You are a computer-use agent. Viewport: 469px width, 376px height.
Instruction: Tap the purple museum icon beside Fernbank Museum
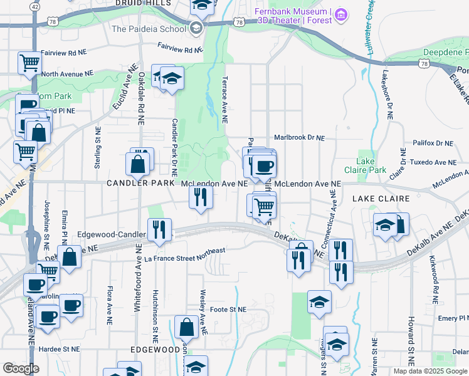(x=340, y=14)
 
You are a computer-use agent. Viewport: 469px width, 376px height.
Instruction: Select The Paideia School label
(x=148, y=29)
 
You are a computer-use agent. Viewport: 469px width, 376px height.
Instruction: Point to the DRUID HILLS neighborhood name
(x=144, y=3)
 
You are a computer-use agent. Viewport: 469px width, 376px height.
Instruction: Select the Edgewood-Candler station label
(x=111, y=234)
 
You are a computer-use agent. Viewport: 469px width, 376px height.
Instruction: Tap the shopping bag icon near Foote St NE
(x=187, y=326)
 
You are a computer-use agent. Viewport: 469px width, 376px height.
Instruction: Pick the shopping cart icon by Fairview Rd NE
(x=29, y=62)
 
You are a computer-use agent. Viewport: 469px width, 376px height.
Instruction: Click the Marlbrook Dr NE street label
(x=300, y=138)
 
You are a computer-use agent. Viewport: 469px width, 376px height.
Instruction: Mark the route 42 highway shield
(x=35, y=6)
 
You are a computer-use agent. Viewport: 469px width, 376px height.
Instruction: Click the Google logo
(x=21, y=368)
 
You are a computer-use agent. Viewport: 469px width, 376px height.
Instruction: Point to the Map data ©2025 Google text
(x=429, y=371)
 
